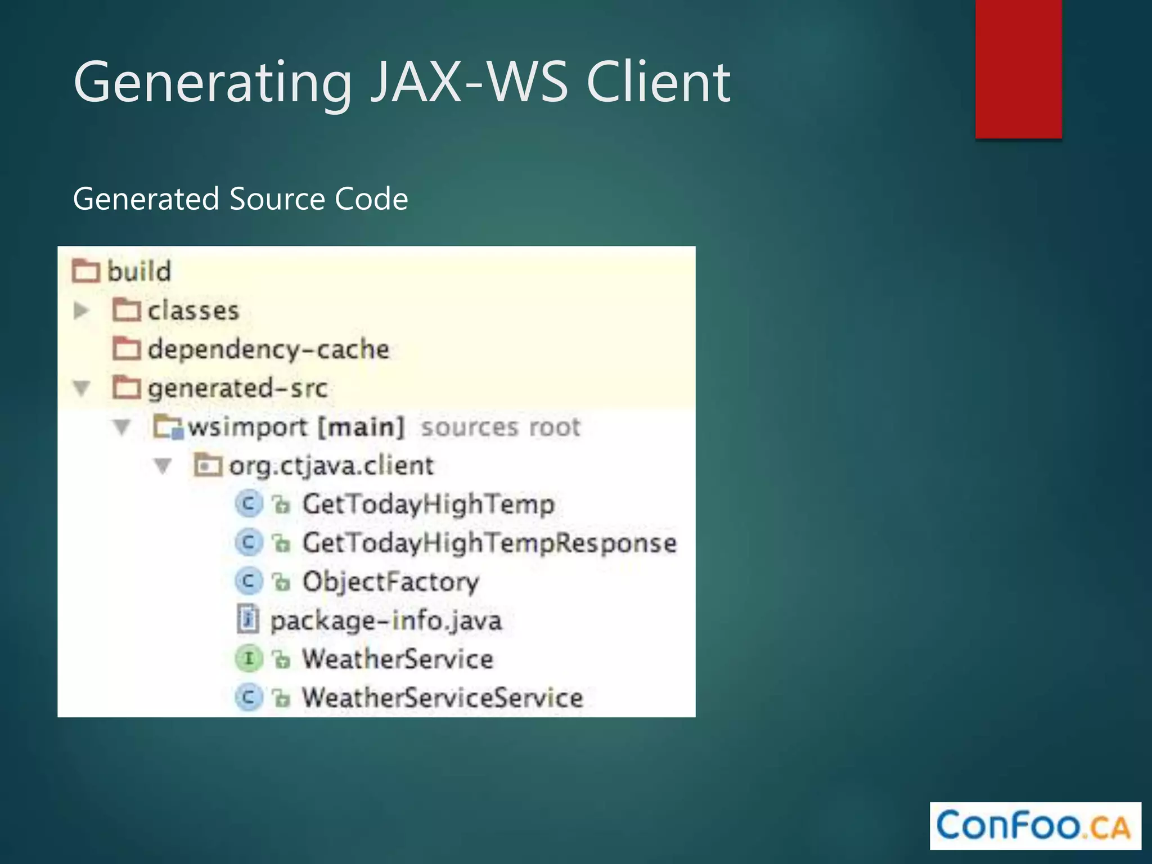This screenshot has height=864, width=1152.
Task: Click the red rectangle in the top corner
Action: point(1018,69)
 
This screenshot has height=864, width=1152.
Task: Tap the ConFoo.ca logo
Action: point(1035,825)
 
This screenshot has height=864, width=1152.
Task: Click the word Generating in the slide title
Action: point(213,83)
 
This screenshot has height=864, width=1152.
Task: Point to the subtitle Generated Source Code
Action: point(240,199)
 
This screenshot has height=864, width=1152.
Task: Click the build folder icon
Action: point(85,271)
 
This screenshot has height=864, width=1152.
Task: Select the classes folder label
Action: point(193,310)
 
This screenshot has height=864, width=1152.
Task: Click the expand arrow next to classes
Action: point(81,310)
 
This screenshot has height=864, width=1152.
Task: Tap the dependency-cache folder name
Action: point(268,349)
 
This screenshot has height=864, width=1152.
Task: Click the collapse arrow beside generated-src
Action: point(82,388)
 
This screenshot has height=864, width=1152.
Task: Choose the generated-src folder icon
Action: point(126,388)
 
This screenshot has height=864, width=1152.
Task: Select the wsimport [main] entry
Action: point(296,427)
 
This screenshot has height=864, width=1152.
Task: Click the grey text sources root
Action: point(500,427)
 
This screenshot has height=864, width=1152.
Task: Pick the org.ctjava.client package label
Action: point(331,466)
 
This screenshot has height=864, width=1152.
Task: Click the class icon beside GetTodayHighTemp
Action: point(248,503)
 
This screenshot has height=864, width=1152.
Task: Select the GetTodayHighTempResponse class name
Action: point(489,543)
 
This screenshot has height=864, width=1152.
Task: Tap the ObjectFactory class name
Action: point(390,582)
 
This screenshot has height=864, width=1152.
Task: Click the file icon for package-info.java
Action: point(248,620)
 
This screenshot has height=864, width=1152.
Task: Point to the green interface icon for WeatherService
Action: point(248,659)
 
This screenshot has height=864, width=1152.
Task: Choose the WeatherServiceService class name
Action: point(442,697)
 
